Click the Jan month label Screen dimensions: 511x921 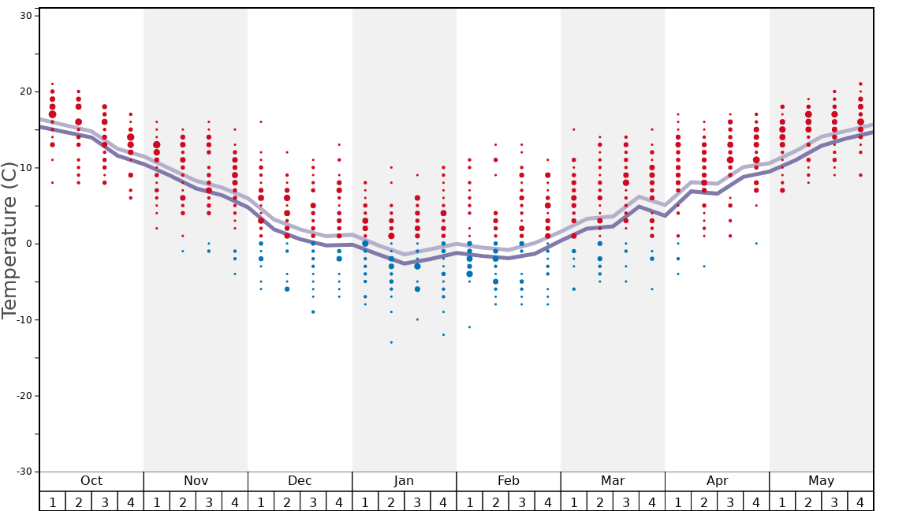click(404, 481)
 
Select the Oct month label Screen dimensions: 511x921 click(91, 481)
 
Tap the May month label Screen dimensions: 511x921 click(821, 481)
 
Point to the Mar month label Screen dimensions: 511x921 click(613, 481)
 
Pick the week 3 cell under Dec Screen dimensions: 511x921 click(313, 502)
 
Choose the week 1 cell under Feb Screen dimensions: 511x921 click(469, 502)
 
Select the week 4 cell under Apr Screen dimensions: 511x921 click(756, 502)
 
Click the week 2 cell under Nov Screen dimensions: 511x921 click(183, 502)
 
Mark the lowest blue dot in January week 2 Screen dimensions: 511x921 click(391, 342)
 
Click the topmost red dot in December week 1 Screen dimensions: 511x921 click(261, 122)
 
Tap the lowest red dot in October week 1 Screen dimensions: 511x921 click(53, 183)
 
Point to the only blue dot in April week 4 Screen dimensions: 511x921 click(756, 244)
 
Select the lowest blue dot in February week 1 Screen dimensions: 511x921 click(469, 327)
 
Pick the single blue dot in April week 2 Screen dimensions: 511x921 click(704, 267)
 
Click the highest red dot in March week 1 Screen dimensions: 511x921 click(574, 129)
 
